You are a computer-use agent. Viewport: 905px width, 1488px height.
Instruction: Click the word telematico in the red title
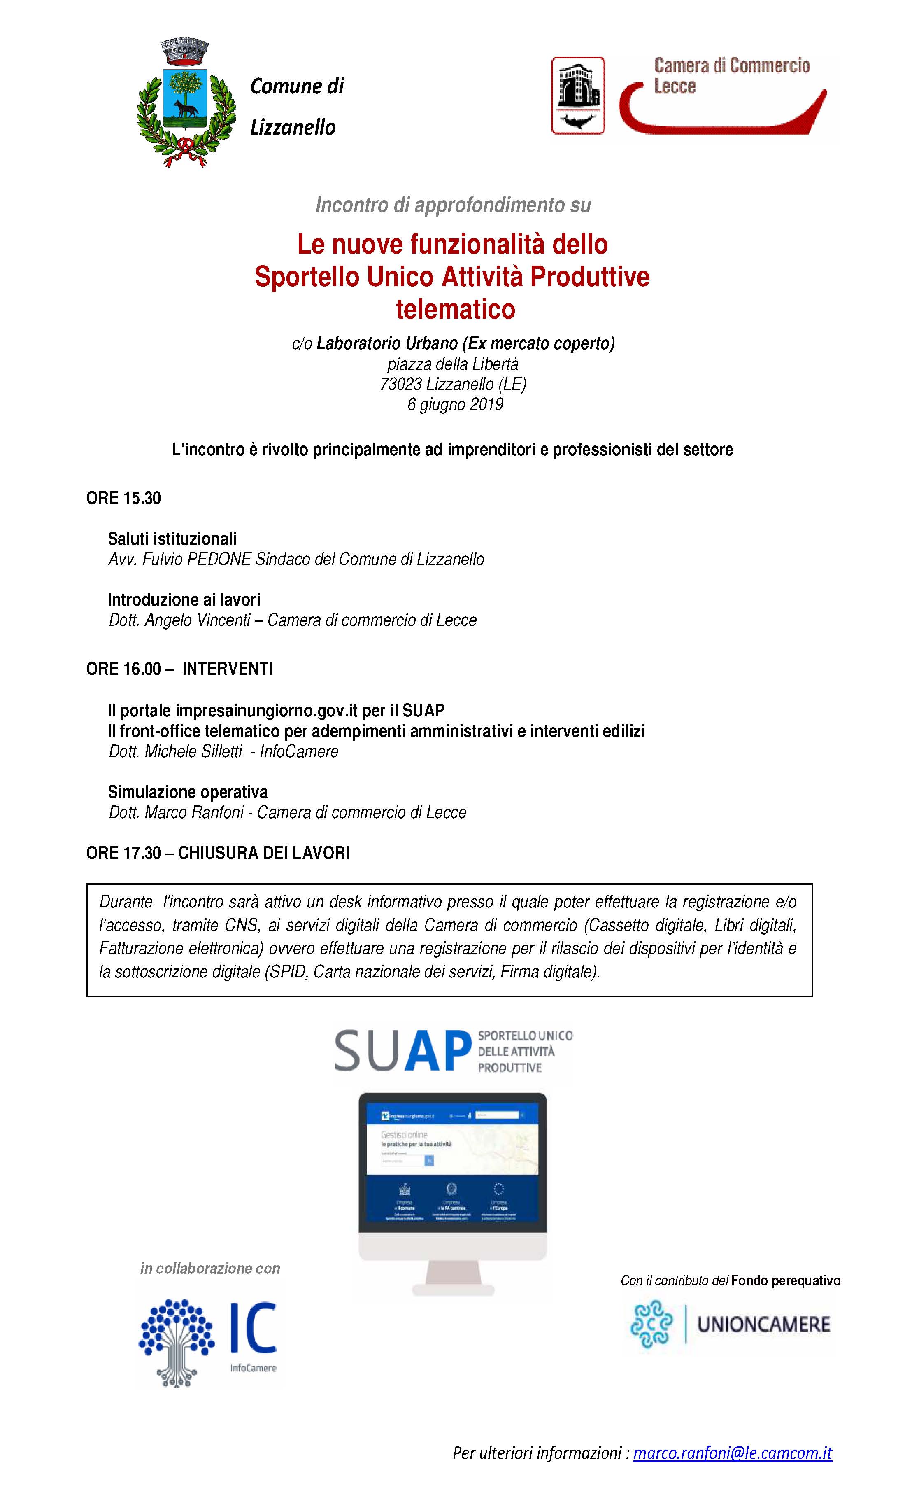(455, 310)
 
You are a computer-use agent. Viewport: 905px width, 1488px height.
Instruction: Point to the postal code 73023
(400, 384)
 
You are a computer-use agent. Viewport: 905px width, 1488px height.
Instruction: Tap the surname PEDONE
(219, 559)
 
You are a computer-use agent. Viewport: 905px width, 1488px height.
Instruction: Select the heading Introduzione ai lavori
(184, 599)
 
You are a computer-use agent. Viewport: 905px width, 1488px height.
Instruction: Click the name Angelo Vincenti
(198, 620)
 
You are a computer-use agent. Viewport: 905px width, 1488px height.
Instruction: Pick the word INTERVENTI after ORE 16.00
(228, 669)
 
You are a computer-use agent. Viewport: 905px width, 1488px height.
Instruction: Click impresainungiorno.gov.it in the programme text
(268, 711)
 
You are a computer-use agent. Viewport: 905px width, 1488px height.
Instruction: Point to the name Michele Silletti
(193, 752)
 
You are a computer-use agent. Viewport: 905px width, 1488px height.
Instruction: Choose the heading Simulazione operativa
(188, 792)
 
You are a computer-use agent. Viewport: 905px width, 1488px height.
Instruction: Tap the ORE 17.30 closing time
(124, 853)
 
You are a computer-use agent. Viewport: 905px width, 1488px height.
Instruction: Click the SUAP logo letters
(402, 1052)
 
